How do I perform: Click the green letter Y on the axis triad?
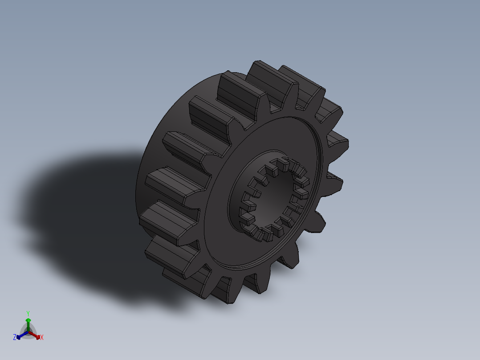[x=28, y=313]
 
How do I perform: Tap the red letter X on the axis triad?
[x=42, y=337]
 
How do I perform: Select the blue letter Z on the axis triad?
[x=15, y=337]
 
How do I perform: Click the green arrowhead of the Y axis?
[x=28, y=320]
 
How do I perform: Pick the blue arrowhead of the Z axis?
[x=19, y=336]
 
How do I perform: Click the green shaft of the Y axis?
[x=28, y=326]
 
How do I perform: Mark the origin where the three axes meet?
[x=28, y=331]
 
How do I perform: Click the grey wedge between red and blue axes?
[x=28, y=336]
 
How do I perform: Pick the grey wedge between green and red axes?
[x=32, y=328]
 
